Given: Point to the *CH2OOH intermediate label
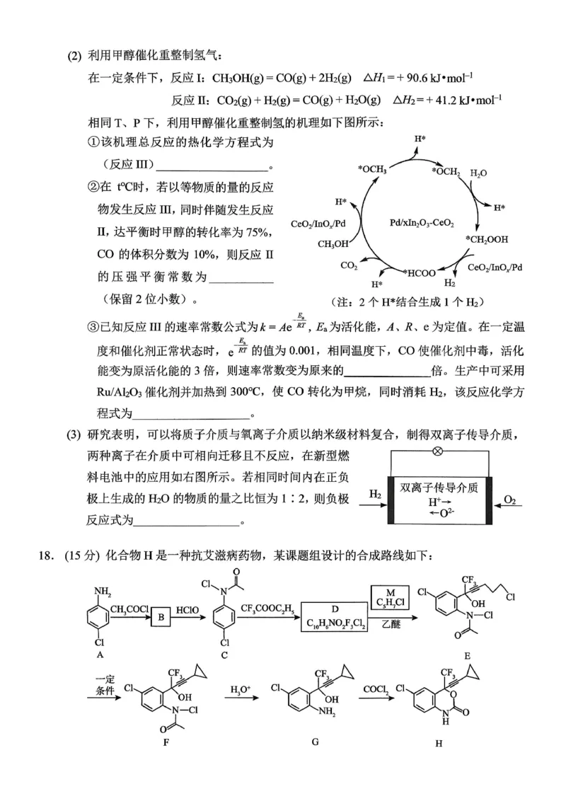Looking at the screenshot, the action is (487, 239).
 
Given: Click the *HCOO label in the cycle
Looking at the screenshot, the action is (420, 272).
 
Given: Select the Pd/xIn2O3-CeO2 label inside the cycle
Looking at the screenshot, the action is (422, 223).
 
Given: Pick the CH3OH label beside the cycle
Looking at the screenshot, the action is (333, 244).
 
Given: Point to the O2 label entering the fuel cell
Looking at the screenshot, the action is (511, 501).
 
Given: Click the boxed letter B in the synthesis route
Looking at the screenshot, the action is (161, 617).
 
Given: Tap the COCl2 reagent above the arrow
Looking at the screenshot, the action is (374, 688).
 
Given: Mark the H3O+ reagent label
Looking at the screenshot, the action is (241, 688).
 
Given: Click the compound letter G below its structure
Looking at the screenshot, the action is (315, 742).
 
